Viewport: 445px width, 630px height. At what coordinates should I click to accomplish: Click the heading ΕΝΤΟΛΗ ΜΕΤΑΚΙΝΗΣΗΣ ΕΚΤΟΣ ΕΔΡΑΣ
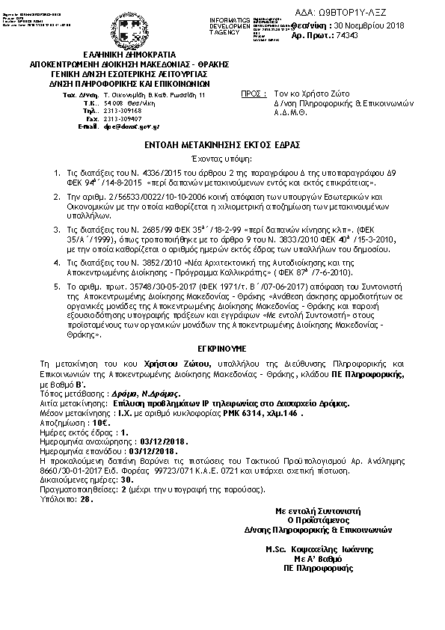tap(223, 147)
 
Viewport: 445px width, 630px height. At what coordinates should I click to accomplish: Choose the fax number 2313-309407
tap(123, 120)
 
